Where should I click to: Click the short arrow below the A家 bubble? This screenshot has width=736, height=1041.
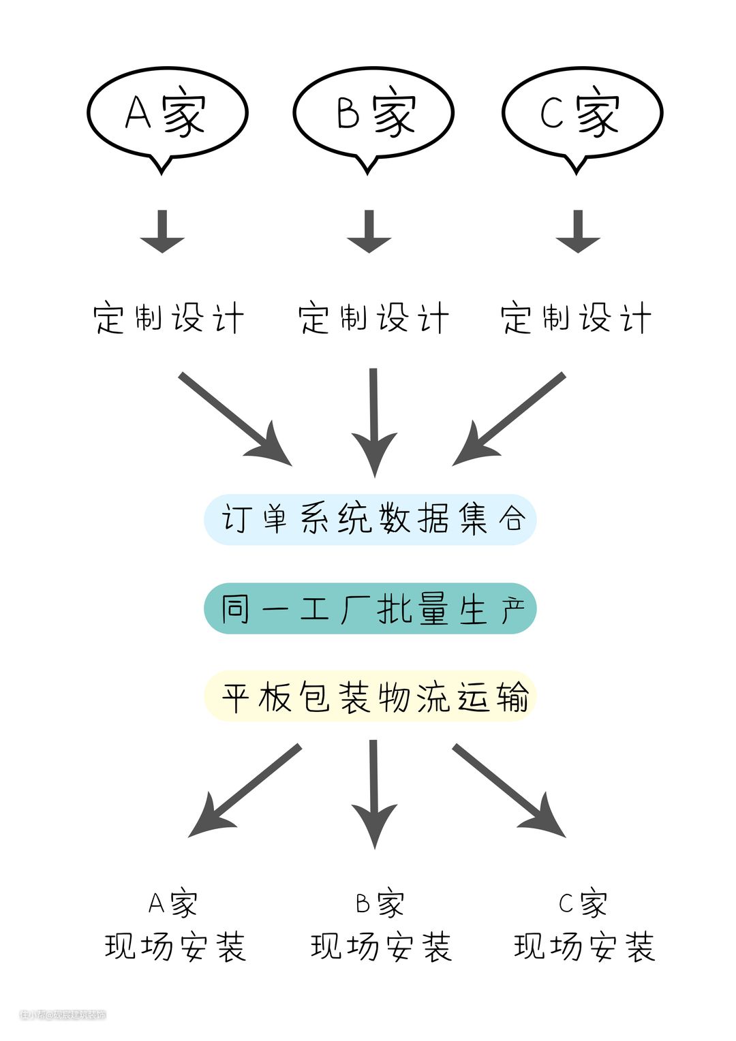(162, 232)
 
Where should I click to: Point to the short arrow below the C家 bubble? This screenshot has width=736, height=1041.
(578, 232)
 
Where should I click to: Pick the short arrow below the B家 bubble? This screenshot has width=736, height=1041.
(369, 232)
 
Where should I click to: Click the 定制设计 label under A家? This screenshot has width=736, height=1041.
(168, 318)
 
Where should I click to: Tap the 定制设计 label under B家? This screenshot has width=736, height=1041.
(373, 318)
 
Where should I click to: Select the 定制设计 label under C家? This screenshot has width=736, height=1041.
(577, 318)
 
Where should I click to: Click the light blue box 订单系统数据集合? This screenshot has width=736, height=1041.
(370, 519)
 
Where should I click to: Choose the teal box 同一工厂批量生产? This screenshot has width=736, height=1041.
(370, 608)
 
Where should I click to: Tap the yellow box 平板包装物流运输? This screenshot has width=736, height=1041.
(370, 697)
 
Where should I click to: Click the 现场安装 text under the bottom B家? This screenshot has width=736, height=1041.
(381, 947)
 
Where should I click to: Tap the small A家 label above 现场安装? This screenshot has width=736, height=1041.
(173, 904)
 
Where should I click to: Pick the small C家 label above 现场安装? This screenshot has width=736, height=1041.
(583, 904)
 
